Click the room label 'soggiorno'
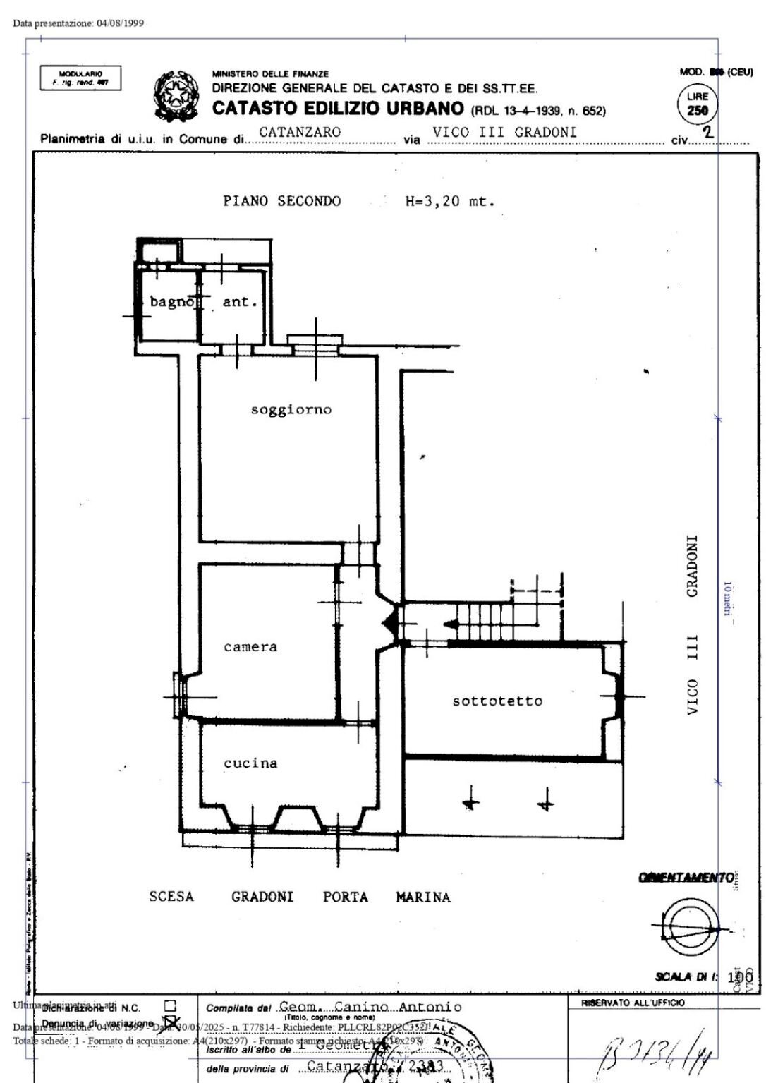291,410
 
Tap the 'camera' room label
250,647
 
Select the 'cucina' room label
250,763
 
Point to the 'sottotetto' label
497,701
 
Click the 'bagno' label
171,302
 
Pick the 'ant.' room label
240,302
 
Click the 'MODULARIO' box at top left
80,78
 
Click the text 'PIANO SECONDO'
281,202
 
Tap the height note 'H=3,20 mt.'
450,202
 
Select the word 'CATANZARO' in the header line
300,133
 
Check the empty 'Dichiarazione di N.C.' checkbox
169,1006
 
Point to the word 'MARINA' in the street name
423,897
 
